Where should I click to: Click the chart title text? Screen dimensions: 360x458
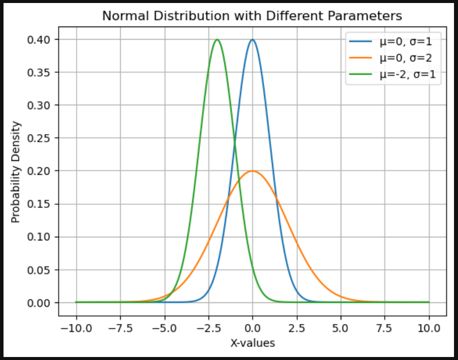[252, 16]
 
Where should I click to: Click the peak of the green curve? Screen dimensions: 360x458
[217, 40]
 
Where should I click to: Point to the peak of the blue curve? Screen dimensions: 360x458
[252, 40]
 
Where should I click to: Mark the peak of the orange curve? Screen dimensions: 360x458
[252, 171]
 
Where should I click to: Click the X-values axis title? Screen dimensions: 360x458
[252, 343]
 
